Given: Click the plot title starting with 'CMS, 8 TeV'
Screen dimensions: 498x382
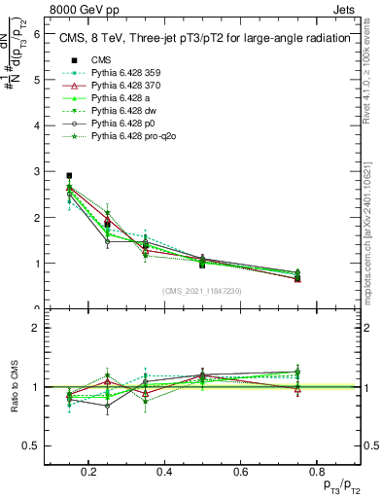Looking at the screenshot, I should (x=205, y=39).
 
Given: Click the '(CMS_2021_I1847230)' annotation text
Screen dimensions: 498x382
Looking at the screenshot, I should (x=202, y=291).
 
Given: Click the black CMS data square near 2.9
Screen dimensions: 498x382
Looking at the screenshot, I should (x=69, y=176).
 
